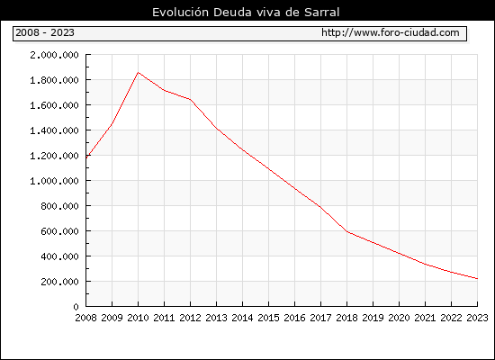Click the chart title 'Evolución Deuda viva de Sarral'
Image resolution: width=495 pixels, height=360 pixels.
[246, 13]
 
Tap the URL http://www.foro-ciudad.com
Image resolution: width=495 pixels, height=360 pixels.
[391, 32]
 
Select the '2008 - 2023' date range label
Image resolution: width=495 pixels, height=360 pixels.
[45, 32]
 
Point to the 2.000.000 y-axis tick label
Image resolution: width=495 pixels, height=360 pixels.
[54, 55]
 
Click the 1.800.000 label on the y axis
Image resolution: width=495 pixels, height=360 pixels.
[54, 80]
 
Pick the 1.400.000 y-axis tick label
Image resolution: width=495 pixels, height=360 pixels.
[54, 130]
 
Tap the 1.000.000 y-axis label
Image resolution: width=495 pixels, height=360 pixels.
[54, 181]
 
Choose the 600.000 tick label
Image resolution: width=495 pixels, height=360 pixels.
[59, 231]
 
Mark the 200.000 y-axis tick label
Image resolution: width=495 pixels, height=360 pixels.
[59, 282]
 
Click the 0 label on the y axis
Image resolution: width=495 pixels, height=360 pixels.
[76, 307]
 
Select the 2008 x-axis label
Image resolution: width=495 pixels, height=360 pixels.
[85, 318]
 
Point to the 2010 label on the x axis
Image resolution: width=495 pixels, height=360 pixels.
[138, 318]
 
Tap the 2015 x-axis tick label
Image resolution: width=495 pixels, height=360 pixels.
[269, 318]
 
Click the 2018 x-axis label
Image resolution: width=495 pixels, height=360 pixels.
[346, 318]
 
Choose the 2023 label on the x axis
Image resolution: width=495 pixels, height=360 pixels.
[477, 318]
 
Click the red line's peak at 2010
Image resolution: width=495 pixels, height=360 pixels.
[138, 72]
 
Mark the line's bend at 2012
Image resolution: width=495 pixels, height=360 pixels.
[191, 100]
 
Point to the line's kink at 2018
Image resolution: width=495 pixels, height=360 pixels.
[346, 232]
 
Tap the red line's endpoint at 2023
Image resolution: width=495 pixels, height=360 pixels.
[477, 278]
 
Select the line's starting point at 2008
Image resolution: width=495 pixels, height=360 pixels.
[86, 157]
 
